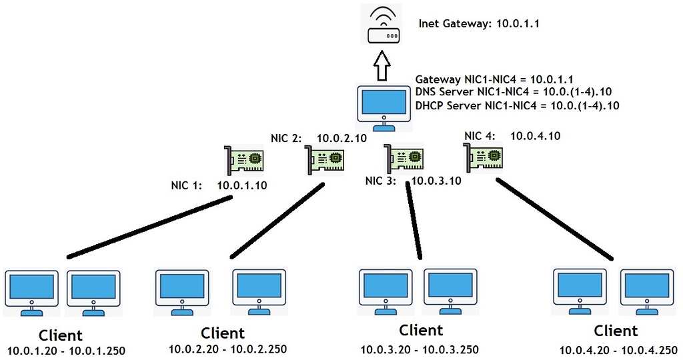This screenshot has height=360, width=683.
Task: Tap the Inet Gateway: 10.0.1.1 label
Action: [478, 23]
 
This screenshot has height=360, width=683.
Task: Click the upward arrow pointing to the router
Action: [382, 67]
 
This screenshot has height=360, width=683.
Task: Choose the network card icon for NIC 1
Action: [245, 160]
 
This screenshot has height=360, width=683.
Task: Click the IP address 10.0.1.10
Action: [242, 185]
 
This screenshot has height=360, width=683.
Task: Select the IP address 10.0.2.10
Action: [341, 139]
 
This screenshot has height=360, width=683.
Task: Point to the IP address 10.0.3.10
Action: [436, 180]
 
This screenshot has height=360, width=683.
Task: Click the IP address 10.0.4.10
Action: [535, 137]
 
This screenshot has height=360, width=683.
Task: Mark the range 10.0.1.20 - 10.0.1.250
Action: [66, 351]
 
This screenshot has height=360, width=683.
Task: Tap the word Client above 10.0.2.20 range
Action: [223, 333]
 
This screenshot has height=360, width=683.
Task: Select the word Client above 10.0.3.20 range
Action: [421, 330]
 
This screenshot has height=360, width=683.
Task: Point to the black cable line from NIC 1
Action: [150, 227]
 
